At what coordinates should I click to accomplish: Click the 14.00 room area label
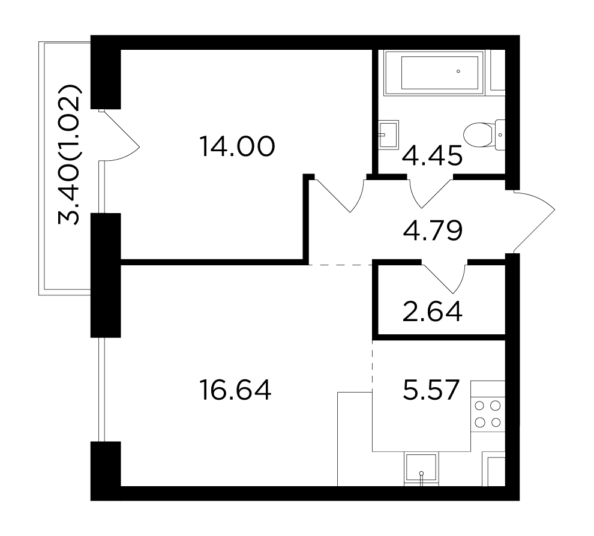237,146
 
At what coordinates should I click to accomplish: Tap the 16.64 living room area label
235,390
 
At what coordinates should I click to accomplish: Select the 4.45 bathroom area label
432,155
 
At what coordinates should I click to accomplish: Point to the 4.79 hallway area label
433,230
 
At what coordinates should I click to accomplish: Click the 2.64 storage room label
432,311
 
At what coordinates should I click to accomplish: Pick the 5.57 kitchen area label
431,390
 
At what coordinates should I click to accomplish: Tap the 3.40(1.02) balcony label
70,155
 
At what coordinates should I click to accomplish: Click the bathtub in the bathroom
434,73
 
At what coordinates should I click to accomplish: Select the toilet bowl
479,134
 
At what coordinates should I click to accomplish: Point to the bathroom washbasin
388,134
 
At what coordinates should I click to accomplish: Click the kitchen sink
421,469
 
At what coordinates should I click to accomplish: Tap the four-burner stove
488,414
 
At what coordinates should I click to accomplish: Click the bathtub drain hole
458,71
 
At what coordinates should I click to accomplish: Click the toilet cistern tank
500,134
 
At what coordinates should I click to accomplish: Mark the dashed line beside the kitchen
373,366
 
